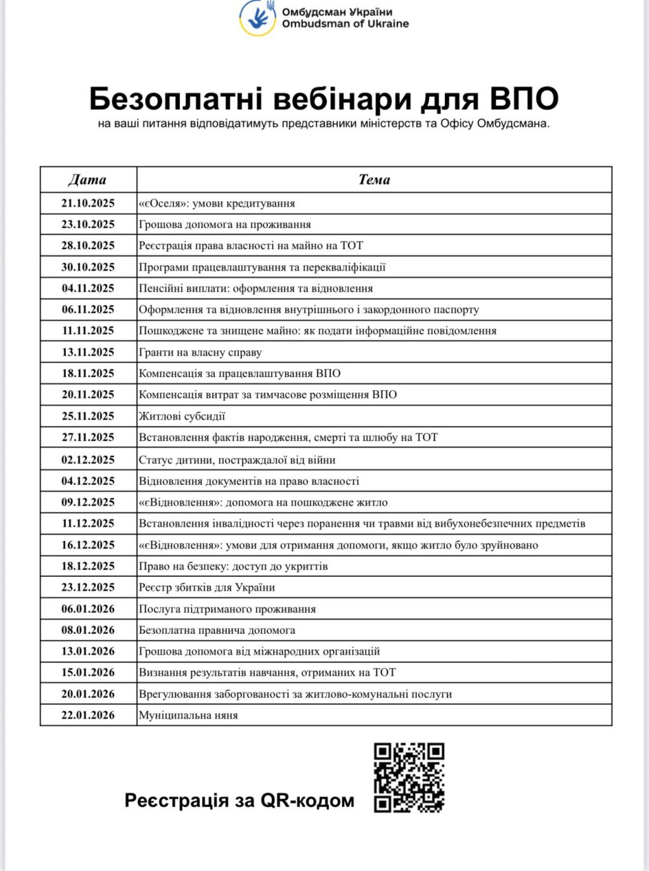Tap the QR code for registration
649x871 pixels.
tap(409, 777)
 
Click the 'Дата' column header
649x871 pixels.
tap(87, 179)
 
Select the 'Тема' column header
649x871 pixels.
tap(374, 179)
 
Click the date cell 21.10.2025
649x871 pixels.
tap(88, 203)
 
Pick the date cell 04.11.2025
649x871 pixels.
tap(88, 288)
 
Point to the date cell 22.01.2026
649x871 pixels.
tap(88, 715)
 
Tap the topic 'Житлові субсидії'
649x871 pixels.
tap(182, 416)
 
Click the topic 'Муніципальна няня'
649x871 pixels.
tap(188, 715)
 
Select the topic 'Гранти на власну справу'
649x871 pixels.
tap(200, 352)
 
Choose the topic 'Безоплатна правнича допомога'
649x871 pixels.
tap(217, 630)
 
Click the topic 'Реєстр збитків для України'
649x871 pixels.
tap(207, 588)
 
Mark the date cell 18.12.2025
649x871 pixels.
tap(88, 566)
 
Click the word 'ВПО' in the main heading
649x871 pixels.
tap(524, 99)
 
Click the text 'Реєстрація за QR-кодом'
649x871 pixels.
tap(239, 801)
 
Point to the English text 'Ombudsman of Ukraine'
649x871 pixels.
tap(345, 24)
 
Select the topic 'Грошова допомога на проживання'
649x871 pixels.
tap(224, 224)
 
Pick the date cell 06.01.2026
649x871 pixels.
tap(88, 609)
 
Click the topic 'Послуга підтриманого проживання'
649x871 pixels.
tap(227, 609)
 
